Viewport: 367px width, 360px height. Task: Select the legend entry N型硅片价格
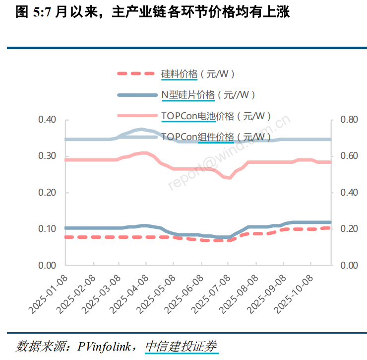(x=208, y=95)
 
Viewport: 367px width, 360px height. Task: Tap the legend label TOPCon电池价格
(x=216, y=116)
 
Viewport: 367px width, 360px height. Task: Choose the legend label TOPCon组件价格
(x=216, y=137)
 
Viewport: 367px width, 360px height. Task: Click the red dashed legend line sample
(x=136, y=74)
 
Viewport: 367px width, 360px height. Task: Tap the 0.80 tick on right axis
(x=349, y=120)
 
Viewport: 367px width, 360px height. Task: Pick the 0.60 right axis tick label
(x=349, y=156)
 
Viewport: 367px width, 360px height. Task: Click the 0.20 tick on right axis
(x=349, y=229)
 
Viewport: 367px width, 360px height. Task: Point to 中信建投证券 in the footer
(x=181, y=346)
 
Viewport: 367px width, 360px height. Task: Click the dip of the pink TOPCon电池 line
(x=229, y=177)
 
